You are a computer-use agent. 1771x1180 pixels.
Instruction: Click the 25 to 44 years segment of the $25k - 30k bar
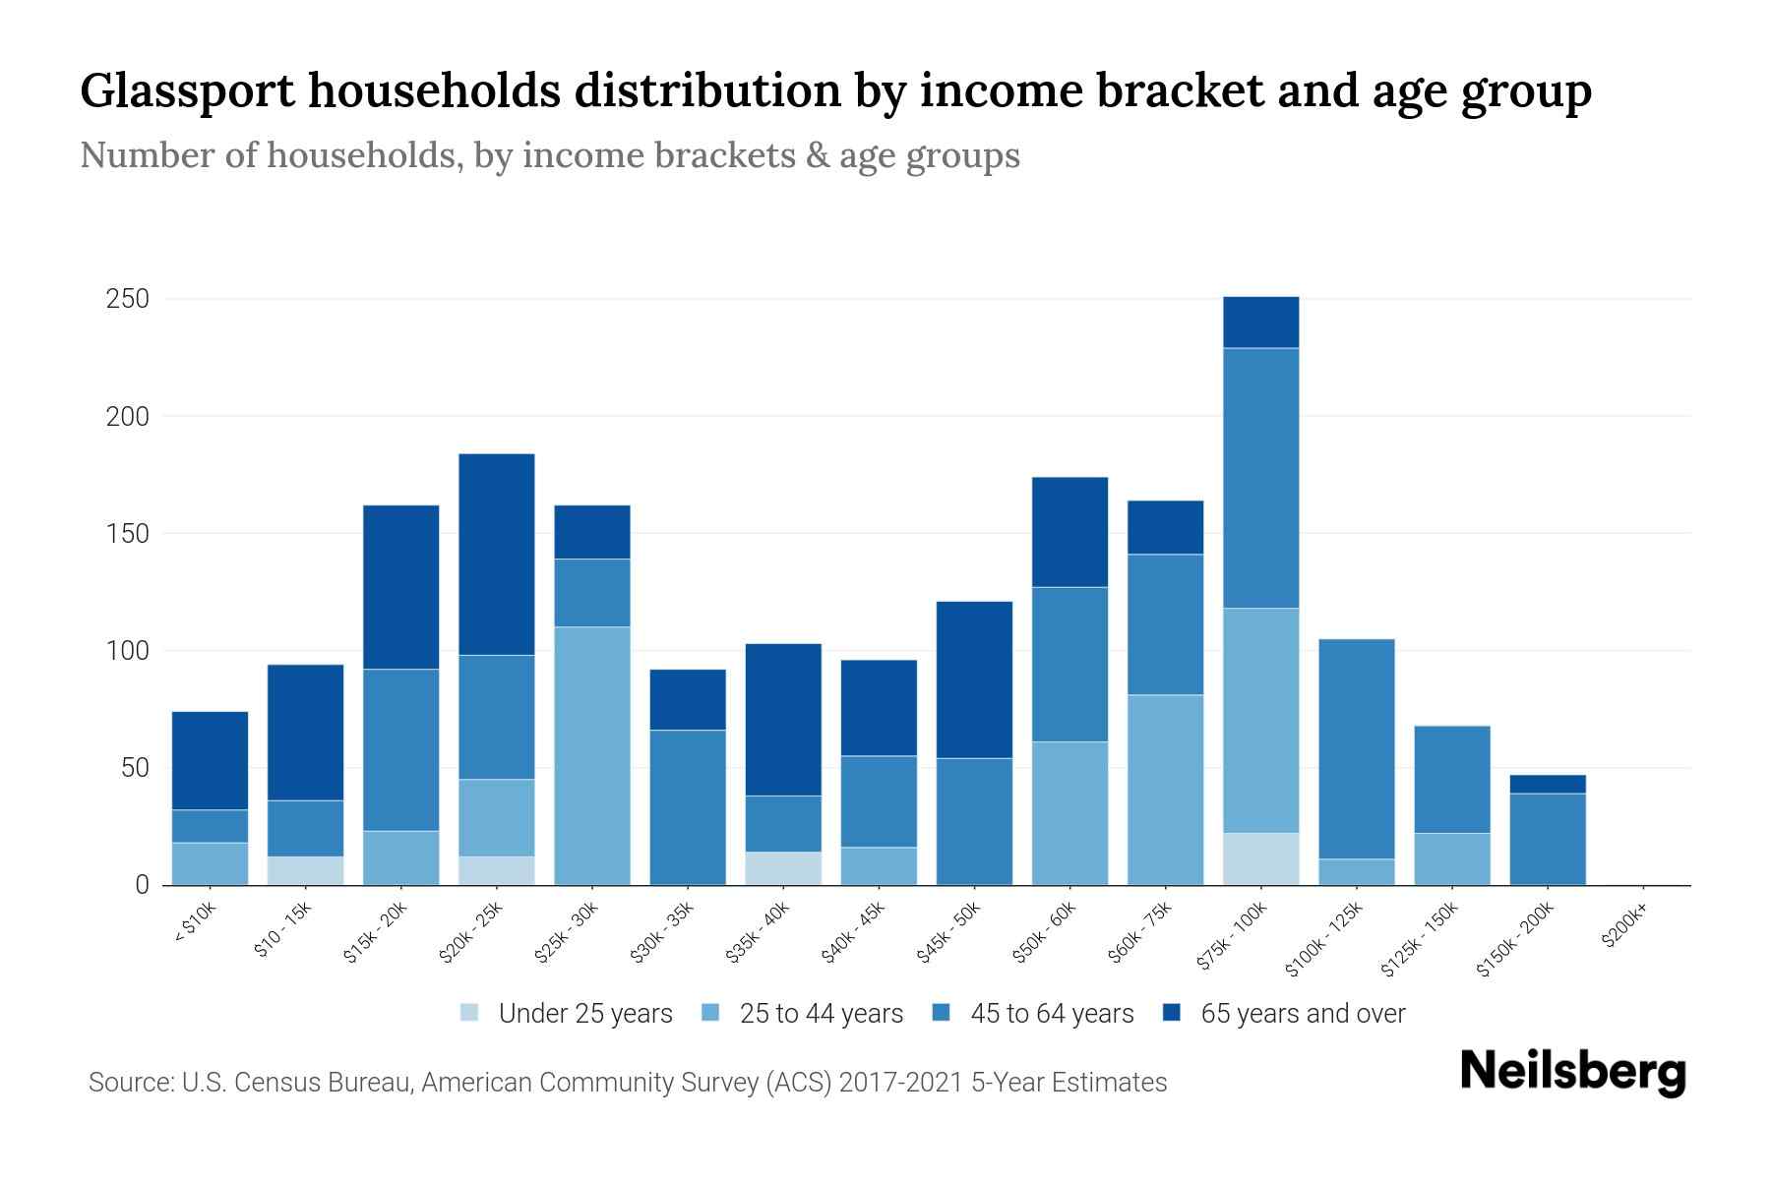point(592,755)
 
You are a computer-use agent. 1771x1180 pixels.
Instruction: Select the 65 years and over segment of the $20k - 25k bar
point(497,554)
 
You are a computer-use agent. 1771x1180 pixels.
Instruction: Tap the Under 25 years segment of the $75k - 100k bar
point(1261,858)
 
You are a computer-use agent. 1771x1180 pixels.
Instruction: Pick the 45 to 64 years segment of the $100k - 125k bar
point(1357,748)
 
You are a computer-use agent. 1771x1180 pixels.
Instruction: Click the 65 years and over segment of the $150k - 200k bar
point(1548,784)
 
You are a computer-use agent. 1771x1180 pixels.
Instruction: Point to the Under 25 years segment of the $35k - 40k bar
point(783,867)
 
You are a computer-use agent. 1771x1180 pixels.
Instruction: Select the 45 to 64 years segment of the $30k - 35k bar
point(688,806)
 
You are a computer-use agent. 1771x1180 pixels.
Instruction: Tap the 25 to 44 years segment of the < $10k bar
point(210,863)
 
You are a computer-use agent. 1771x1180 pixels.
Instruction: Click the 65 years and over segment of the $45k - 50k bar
point(974,679)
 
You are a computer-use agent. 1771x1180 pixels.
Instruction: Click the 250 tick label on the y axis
point(127,299)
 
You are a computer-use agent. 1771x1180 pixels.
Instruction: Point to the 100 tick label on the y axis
point(127,651)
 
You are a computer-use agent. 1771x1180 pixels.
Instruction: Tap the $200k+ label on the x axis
point(1623,928)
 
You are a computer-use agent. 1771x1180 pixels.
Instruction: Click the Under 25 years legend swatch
point(470,1013)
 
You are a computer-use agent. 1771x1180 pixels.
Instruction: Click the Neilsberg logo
point(1572,1072)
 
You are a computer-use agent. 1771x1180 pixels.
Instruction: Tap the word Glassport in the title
point(187,91)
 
